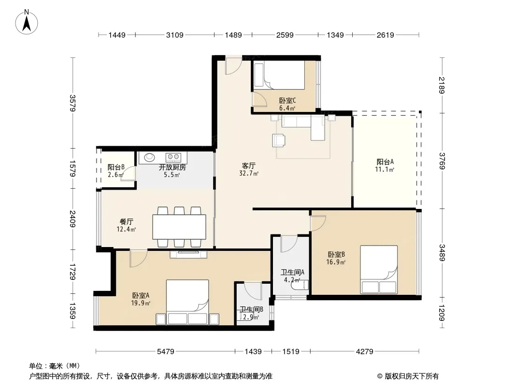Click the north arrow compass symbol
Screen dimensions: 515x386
click(27, 22)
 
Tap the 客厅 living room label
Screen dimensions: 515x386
click(249, 166)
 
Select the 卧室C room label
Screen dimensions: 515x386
click(287, 101)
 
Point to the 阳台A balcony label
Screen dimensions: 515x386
click(385, 162)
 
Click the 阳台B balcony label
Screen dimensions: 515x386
click(116, 167)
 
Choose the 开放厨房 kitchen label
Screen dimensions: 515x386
click(172, 167)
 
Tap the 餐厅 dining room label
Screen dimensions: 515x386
click(127, 221)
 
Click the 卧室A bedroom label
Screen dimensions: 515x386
click(141, 295)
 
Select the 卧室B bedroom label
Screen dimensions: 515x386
click(336, 254)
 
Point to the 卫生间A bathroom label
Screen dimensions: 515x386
click(292, 272)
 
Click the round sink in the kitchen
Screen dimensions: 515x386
click(149, 157)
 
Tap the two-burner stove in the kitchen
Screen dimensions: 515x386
click(173, 157)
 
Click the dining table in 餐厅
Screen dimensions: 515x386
click(179, 227)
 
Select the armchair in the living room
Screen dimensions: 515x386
click(279, 140)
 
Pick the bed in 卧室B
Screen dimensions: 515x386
click(379, 270)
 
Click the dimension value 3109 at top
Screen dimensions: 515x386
click(174, 35)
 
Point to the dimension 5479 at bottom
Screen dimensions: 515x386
click(166, 352)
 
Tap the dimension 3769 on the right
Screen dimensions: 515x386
click(442, 161)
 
